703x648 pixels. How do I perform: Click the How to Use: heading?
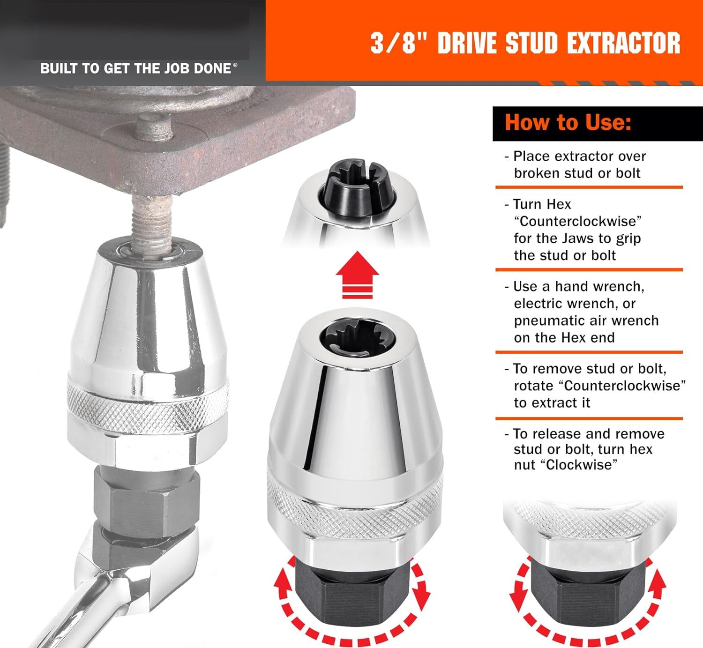tap(568, 123)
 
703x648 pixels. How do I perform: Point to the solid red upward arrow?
tap(357, 275)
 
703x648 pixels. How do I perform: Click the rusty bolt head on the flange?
tap(153, 127)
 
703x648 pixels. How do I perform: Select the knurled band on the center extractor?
tap(355, 504)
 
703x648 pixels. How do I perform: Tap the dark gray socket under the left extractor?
tap(146, 503)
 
